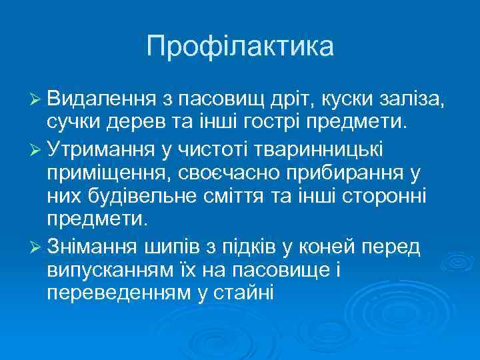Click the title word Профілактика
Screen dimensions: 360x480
pos(240,47)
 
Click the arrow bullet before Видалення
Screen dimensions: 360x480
pos(36,101)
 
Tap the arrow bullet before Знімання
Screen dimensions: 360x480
pos(36,247)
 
